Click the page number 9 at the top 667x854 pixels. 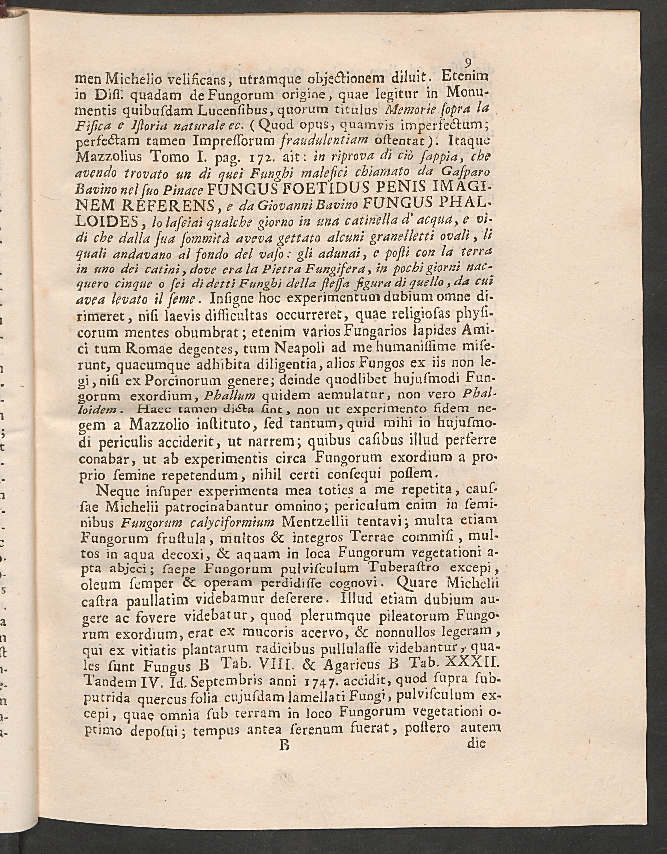467,62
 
